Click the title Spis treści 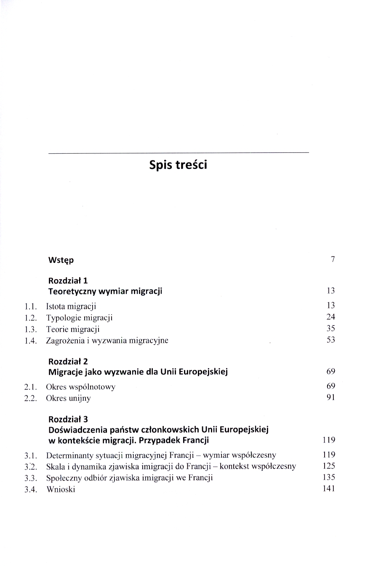[x=178, y=165]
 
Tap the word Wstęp [x=61, y=260]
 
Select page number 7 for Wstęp [x=333, y=259]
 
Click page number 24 [x=330, y=317]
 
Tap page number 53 [x=330, y=340]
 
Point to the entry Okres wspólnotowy [x=80, y=387]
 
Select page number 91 [x=330, y=397]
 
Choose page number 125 [x=328, y=466]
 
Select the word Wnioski [x=61, y=490]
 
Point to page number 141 [x=328, y=489]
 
